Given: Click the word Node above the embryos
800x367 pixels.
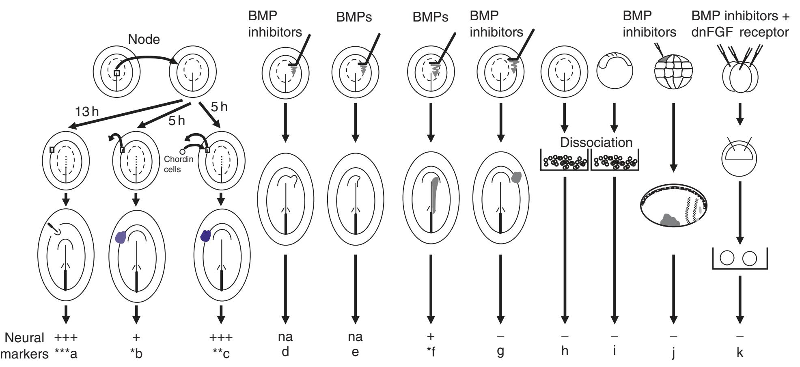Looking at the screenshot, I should click(x=144, y=39).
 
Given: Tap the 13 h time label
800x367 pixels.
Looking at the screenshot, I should click(x=87, y=111).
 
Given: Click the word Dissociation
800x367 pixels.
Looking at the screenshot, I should click(x=596, y=142).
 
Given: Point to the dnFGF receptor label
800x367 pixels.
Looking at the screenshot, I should click(x=740, y=32).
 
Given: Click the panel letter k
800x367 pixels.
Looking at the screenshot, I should click(x=740, y=352).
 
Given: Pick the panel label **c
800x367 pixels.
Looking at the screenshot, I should click(x=221, y=353).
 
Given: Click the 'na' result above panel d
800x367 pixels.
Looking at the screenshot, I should click(x=285, y=337).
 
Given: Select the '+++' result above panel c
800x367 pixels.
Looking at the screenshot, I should click(x=221, y=337).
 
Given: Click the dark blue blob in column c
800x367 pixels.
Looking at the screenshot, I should click(x=207, y=236).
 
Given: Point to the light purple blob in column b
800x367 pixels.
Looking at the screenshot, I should click(x=121, y=237).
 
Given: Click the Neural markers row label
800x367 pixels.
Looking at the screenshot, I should click(x=24, y=345).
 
